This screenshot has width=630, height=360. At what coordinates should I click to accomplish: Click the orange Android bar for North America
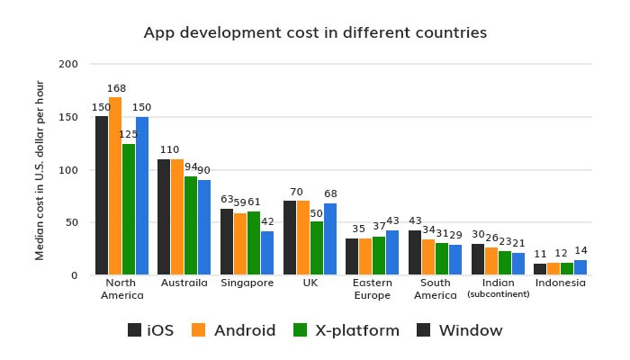[x=115, y=185]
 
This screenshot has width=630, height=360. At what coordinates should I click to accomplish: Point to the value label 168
[x=115, y=88]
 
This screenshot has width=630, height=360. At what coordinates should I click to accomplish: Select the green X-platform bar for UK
[x=316, y=247]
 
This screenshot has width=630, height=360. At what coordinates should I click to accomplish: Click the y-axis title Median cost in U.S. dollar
[x=40, y=170]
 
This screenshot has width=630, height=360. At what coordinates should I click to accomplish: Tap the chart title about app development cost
[x=315, y=32]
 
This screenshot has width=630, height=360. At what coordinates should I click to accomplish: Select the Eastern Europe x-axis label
[x=372, y=289]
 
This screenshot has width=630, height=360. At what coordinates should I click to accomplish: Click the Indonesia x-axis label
[x=560, y=283]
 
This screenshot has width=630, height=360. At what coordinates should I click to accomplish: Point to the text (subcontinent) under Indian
[x=498, y=294]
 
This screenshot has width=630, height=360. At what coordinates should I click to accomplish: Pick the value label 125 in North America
[x=129, y=134]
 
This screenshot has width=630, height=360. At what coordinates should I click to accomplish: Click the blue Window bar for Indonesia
[x=580, y=267]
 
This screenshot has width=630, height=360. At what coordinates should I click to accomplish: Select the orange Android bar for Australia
[x=177, y=217]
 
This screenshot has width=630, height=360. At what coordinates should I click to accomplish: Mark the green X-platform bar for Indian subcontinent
[x=504, y=263]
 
